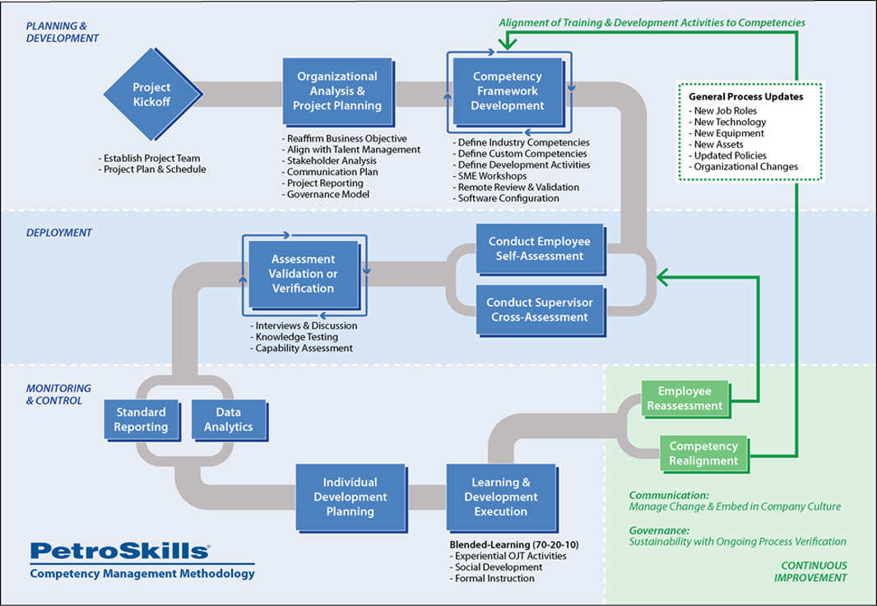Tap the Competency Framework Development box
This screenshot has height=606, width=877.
point(508,90)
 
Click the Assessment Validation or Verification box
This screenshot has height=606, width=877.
point(302,274)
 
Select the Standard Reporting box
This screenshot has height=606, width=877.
point(141,419)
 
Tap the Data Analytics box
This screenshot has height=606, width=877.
point(229,419)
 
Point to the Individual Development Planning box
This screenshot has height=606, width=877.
point(350,497)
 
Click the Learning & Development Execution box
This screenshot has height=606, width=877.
point(501,497)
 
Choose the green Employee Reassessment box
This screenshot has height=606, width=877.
point(684,398)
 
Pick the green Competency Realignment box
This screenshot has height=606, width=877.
point(703,453)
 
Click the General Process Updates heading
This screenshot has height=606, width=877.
point(745,96)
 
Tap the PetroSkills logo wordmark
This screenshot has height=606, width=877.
point(119,551)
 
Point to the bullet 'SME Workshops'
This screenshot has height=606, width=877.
point(492,176)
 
